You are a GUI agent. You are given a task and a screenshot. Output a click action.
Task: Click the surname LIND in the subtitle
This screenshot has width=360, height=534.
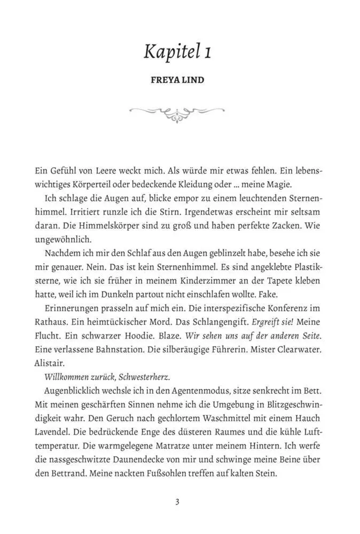[x=192, y=81]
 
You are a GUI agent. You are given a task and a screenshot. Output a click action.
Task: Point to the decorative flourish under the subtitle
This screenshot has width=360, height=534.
[x=177, y=113]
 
